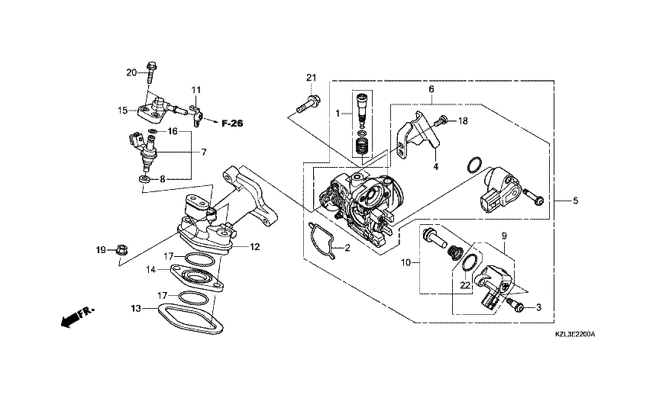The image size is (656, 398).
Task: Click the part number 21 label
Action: click(x=311, y=78)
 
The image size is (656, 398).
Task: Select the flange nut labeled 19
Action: click(x=122, y=249)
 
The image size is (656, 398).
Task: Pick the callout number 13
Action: click(x=136, y=308)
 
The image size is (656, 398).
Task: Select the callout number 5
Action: click(x=576, y=201)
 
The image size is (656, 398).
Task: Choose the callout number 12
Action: click(x=255, y=246)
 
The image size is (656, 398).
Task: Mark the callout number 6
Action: click(x=431, y=89)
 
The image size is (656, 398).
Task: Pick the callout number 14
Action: click(x=151, y=269)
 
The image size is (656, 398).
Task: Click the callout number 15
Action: click(x=122, y=111)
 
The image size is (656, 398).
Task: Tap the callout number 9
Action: click(x=503, y=236)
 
